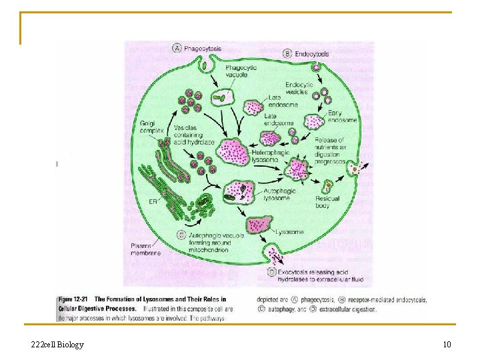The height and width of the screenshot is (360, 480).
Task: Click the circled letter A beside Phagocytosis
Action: (x=177, y=48)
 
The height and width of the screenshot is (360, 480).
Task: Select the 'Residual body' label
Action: (x=327, y=202)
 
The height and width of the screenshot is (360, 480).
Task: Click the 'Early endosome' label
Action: (x=342, y=117)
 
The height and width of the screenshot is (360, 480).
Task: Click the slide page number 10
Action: (x=447, y=345)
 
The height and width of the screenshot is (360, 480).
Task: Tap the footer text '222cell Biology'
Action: (x=57, y=345)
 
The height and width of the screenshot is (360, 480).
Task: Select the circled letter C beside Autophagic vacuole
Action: (x=181, y=234)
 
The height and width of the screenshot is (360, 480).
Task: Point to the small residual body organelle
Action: (x=328, y=186)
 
